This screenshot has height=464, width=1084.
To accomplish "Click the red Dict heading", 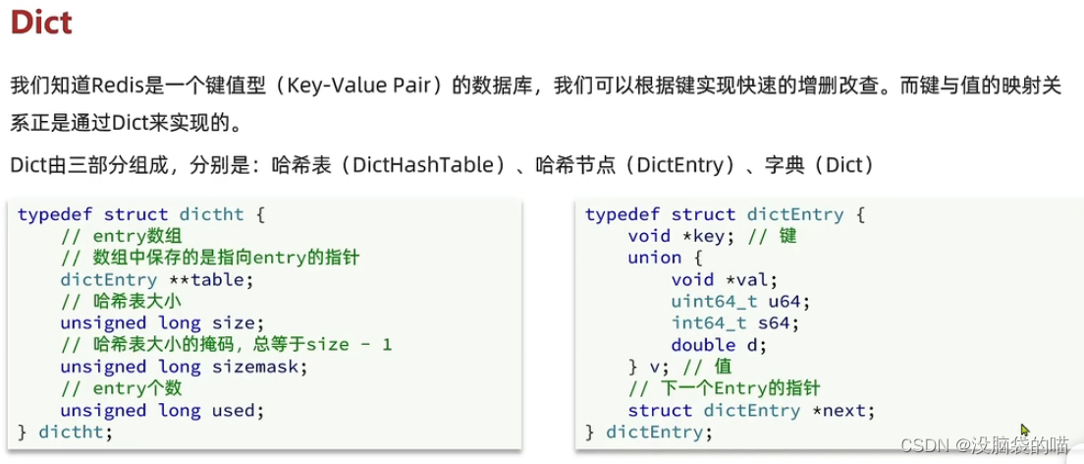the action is (x=41, y=22).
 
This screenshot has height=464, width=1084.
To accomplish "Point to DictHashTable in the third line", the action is (x=431, y=164).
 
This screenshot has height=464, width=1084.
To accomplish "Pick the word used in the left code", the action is (x=239, y=410).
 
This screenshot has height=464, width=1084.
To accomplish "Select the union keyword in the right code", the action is (x=654, y=258).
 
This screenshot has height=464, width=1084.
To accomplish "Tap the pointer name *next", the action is (x=842, y=410).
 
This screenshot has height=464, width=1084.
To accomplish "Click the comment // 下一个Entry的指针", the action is (x=724, y=388).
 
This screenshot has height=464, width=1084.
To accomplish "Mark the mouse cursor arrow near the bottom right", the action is (x=1025, y=431).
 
